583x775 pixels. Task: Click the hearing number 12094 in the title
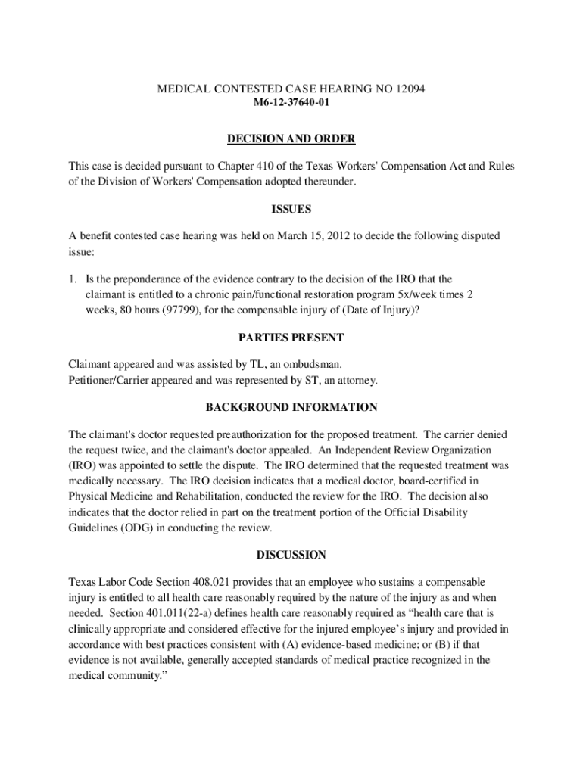click(x=410, y=89)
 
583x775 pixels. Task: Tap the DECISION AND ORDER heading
click(x=291, y=139)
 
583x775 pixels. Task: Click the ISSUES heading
click(x=291, y=209)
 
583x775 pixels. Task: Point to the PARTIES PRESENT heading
click(x=291, y=337)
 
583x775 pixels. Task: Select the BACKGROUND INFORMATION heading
click(x=291, y=407)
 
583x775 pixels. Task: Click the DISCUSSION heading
click(x=291, y=555)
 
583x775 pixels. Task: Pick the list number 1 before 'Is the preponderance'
click(x=72, y=279)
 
